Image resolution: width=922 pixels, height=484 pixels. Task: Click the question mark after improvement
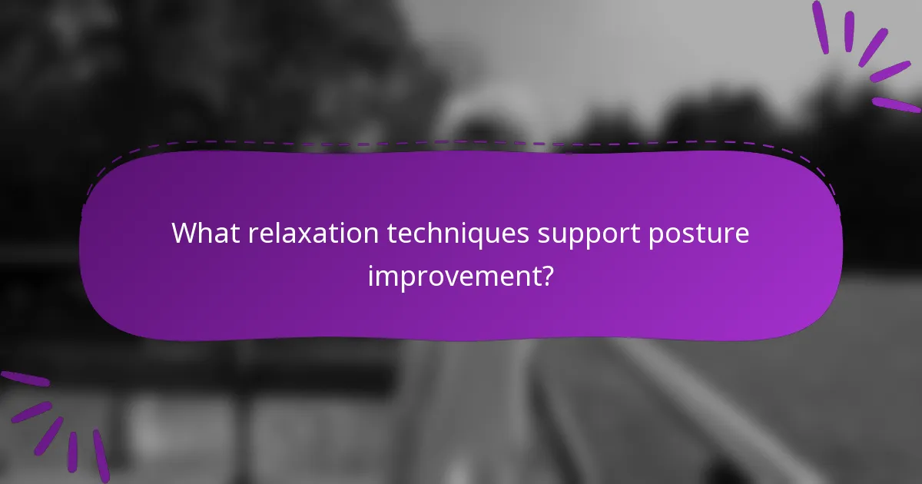[546, 274]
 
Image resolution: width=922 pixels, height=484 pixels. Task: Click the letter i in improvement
[371, 273]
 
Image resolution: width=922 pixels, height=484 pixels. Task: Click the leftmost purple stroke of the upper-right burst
[821, 28]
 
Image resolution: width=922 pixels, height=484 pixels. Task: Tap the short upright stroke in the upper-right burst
[849, 31]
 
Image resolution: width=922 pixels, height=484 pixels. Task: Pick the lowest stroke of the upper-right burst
[896, 104]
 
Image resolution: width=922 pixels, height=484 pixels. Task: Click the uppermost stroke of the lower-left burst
[25, 379]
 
